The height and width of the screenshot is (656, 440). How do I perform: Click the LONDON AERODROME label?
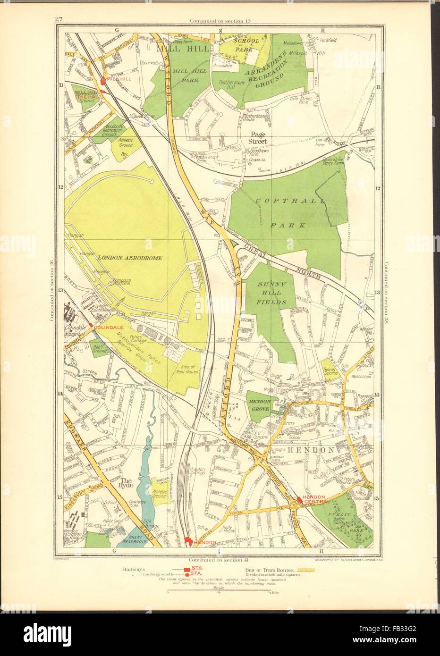click(x=130, y=258)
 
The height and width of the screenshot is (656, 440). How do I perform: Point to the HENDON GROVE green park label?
click(x=258, y=404)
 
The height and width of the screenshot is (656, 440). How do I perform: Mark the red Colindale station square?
click(x=91, y=326)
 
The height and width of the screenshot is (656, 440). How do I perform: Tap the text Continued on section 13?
click(x=220, y=20)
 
